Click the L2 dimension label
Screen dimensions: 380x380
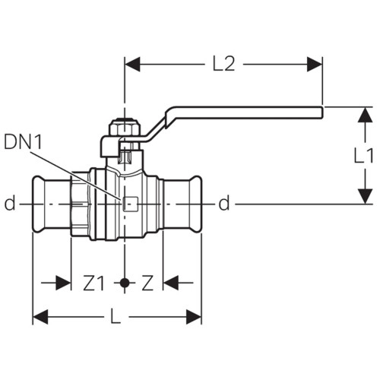point(224,64)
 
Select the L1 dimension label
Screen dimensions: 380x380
point(363,155)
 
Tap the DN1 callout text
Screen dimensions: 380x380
point(23,142)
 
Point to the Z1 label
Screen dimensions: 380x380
point(93,283)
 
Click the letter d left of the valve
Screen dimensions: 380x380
point(10,203)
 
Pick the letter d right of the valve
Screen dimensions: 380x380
point(224,203)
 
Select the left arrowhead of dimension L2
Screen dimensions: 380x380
point(132,64)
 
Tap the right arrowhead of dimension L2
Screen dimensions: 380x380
point(315,64)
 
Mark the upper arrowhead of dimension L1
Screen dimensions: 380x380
point(365,115)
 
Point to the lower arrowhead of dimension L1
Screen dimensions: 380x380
point(365,196)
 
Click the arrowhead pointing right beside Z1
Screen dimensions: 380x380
point(63,283)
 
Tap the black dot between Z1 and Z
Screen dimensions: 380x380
point(125,283)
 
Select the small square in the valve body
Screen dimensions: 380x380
point(131,204)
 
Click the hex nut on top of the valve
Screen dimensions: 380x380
point(124,128)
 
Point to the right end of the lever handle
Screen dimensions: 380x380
point(322,112)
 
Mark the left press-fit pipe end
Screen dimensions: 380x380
point(52,204)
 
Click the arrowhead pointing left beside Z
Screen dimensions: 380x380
point(171,283)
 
